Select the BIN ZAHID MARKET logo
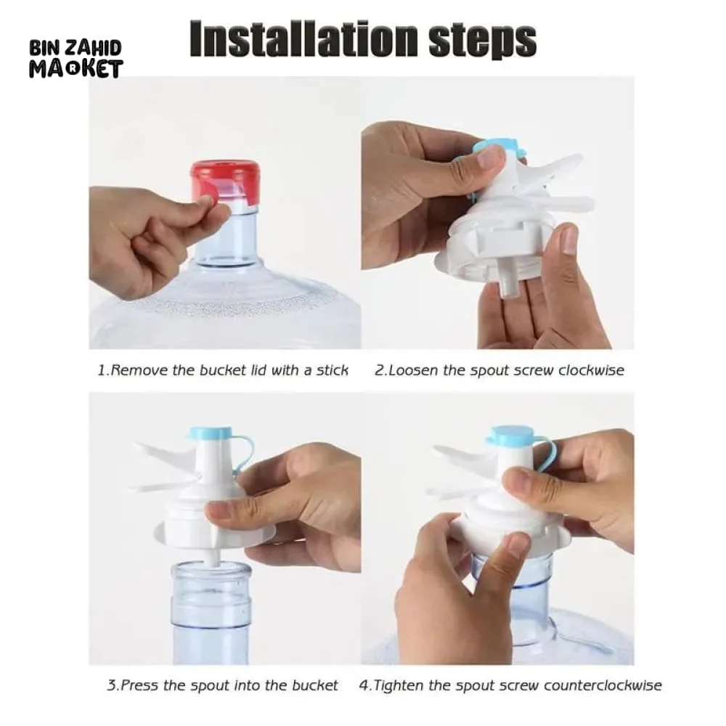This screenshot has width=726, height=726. pos(76,59)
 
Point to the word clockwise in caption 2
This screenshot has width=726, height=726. pos(591,370)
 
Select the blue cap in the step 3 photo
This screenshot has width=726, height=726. pos(211,433)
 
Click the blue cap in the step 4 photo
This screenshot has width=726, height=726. pos(511,435)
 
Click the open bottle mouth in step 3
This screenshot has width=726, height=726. pos(211,570)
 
